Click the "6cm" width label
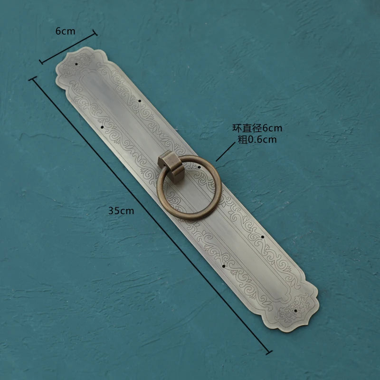coord(65,31)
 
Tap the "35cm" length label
coord(121,210)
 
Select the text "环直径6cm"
coord(257,128)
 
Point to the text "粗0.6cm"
coord(257,139)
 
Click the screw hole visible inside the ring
coord(199,167)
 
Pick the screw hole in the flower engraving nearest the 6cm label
coord(76,64)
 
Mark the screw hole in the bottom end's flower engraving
coord(295,311)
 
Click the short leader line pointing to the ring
coord(225,152)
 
